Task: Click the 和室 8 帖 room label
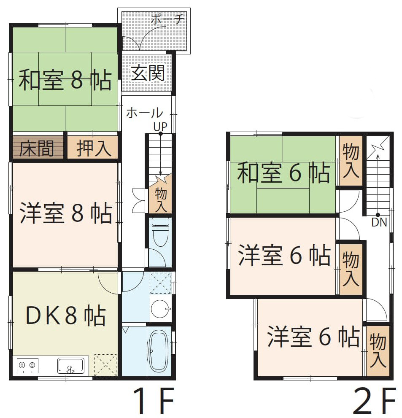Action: [x=65, y=80]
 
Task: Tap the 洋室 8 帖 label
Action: [x=66, y=213]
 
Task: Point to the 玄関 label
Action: [x=148, y=73]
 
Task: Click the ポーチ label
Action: [x=167, y=19]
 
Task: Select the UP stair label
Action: [x=160, y=127]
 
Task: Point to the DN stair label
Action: [x=379, y=222]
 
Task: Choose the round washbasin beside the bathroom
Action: [x=160, y=309]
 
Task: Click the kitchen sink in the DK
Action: [x=71, y=366]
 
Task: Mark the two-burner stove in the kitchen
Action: [x=27, y=365]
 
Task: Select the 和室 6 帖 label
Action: [x=283, y=173]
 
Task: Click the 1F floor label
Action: [x=154, y=402]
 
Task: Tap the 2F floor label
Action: [x=375, y=402]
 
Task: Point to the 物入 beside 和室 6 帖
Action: [x=351, y=161]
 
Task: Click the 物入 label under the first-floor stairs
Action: [x=161, y=200]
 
